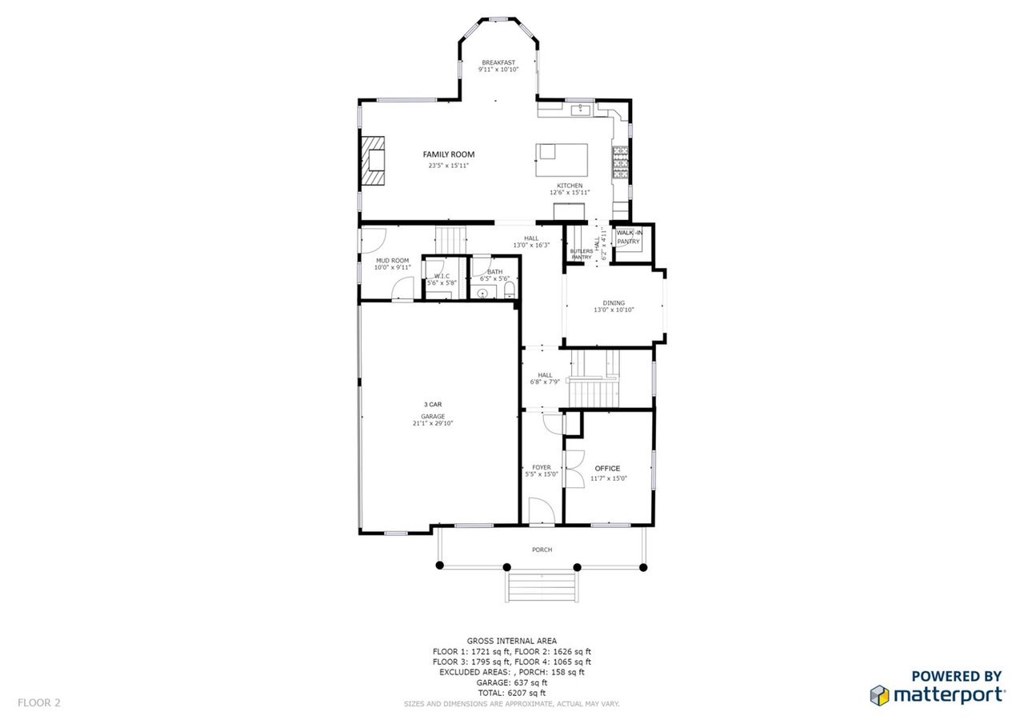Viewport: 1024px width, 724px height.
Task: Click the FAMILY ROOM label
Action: pos(449,154)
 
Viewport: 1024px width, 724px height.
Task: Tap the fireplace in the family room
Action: pos(372,161)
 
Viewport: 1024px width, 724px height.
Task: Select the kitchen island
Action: pos(562,160)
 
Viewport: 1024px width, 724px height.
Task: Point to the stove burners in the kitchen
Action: pos(620,162)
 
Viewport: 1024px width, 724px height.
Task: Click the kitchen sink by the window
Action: pos(581,110)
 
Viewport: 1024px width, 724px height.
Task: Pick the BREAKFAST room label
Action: pos(498,62)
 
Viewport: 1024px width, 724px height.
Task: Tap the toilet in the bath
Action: pos(510,290)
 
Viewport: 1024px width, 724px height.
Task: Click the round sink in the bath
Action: pos(482,294)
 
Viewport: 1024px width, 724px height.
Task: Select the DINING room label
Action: pos(614,303)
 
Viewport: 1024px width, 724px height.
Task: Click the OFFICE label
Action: pos(607,469)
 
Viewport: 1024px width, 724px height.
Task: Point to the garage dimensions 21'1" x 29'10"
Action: pos(433,423)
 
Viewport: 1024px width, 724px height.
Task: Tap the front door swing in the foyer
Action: pos(542,510)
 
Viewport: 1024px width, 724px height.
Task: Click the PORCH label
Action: pos(542,550)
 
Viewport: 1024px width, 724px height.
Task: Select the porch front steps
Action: pos(542,587)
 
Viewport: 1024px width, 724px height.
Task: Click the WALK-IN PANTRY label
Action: pos(629,238)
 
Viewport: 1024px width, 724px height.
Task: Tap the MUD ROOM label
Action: pos(393,261)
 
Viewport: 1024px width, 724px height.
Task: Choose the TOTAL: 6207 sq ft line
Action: pos(511,693)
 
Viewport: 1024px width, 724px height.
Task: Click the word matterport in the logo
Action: pos(950,695)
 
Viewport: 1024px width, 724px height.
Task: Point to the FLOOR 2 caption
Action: pos(39,702)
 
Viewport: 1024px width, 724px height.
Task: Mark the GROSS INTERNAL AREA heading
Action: pos(511,641)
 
